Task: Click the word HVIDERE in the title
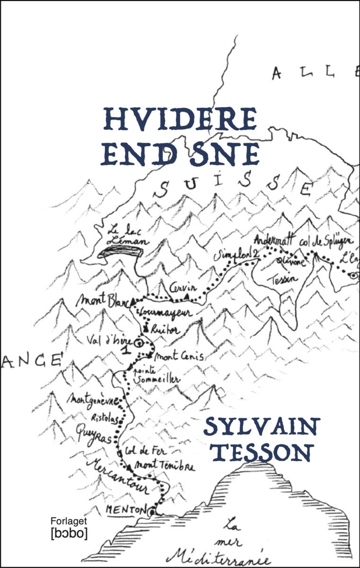(x=180, y=119)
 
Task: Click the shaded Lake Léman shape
(x=121, y=252)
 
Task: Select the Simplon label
(x=233, y=256)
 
